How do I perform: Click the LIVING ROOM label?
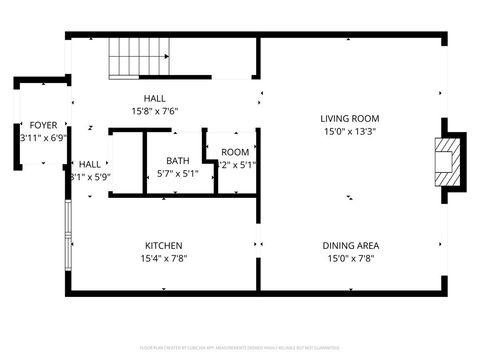click(350, 118)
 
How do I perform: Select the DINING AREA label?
click(350, 245)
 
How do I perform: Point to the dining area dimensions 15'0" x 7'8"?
click(350, 258)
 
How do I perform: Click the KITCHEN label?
click(163, 245)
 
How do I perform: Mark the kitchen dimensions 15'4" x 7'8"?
click(163, 258)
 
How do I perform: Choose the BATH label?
click(177, 160)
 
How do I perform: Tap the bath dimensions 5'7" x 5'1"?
click(177, 173)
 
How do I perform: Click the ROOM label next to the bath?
click(235, 152)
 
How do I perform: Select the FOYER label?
click(42, 125)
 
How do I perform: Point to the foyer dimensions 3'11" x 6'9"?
click(42, 138)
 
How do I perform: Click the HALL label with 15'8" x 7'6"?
click(155, 98)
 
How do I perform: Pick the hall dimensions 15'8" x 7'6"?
click(155, 111)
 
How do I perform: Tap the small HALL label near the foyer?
click(89, 164)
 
